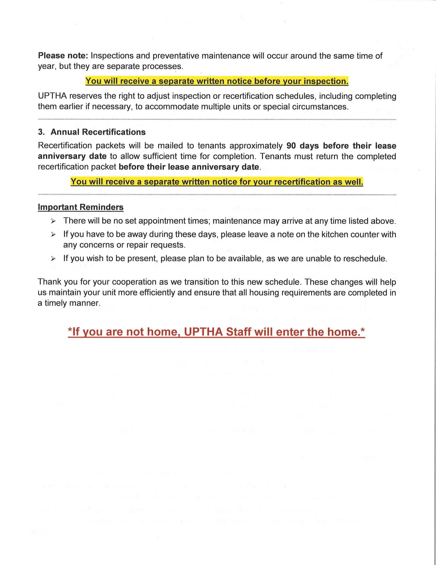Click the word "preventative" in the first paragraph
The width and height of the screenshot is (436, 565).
click(x=175, y=56)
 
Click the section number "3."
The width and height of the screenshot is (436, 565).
click(x=41, y=132)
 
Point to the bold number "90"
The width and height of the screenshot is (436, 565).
click(x=291, y=146)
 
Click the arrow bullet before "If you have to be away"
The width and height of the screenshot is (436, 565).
click(x=53, y=235)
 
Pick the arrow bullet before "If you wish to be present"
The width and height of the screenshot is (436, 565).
click(x=53, y=258)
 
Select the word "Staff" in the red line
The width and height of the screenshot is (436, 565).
click(x=238, y=332)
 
